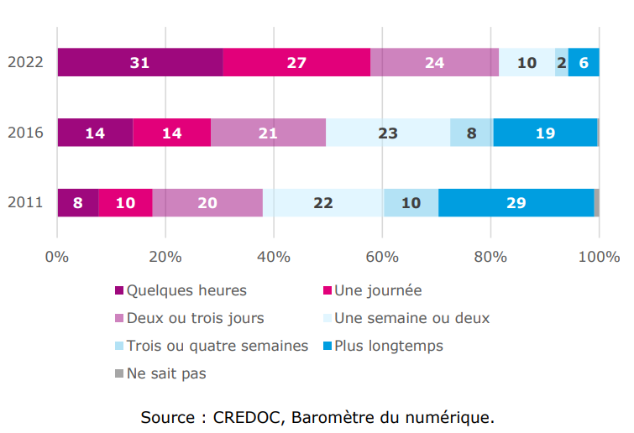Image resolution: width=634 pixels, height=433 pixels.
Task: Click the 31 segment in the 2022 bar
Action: (140, 63)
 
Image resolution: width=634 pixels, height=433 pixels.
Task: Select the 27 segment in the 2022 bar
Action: (296, 63)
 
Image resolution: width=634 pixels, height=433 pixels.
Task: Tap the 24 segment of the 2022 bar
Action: (434, 63)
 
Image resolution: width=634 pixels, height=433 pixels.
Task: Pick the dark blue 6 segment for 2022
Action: (584, 63)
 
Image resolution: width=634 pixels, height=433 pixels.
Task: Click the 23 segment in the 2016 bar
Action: (388, 133)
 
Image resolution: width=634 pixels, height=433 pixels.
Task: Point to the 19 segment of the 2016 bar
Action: (545, 133)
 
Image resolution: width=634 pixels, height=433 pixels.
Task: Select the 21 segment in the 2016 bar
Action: (268, 133)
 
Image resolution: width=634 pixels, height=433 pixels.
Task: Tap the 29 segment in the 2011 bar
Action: (516, 203)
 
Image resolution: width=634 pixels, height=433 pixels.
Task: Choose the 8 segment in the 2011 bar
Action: (78, 203)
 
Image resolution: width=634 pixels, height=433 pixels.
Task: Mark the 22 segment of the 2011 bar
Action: (323, 203)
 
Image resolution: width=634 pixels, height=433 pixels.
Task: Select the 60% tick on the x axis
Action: (382, 256)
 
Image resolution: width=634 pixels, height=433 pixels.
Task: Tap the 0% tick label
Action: (57, 256)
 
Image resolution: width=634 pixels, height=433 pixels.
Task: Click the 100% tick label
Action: (598, 256)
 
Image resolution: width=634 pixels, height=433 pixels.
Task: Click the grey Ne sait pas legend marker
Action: (119, 373)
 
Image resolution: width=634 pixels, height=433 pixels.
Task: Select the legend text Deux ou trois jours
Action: (195, 318)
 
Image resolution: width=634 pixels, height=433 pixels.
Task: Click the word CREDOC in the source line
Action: (243, 417)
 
